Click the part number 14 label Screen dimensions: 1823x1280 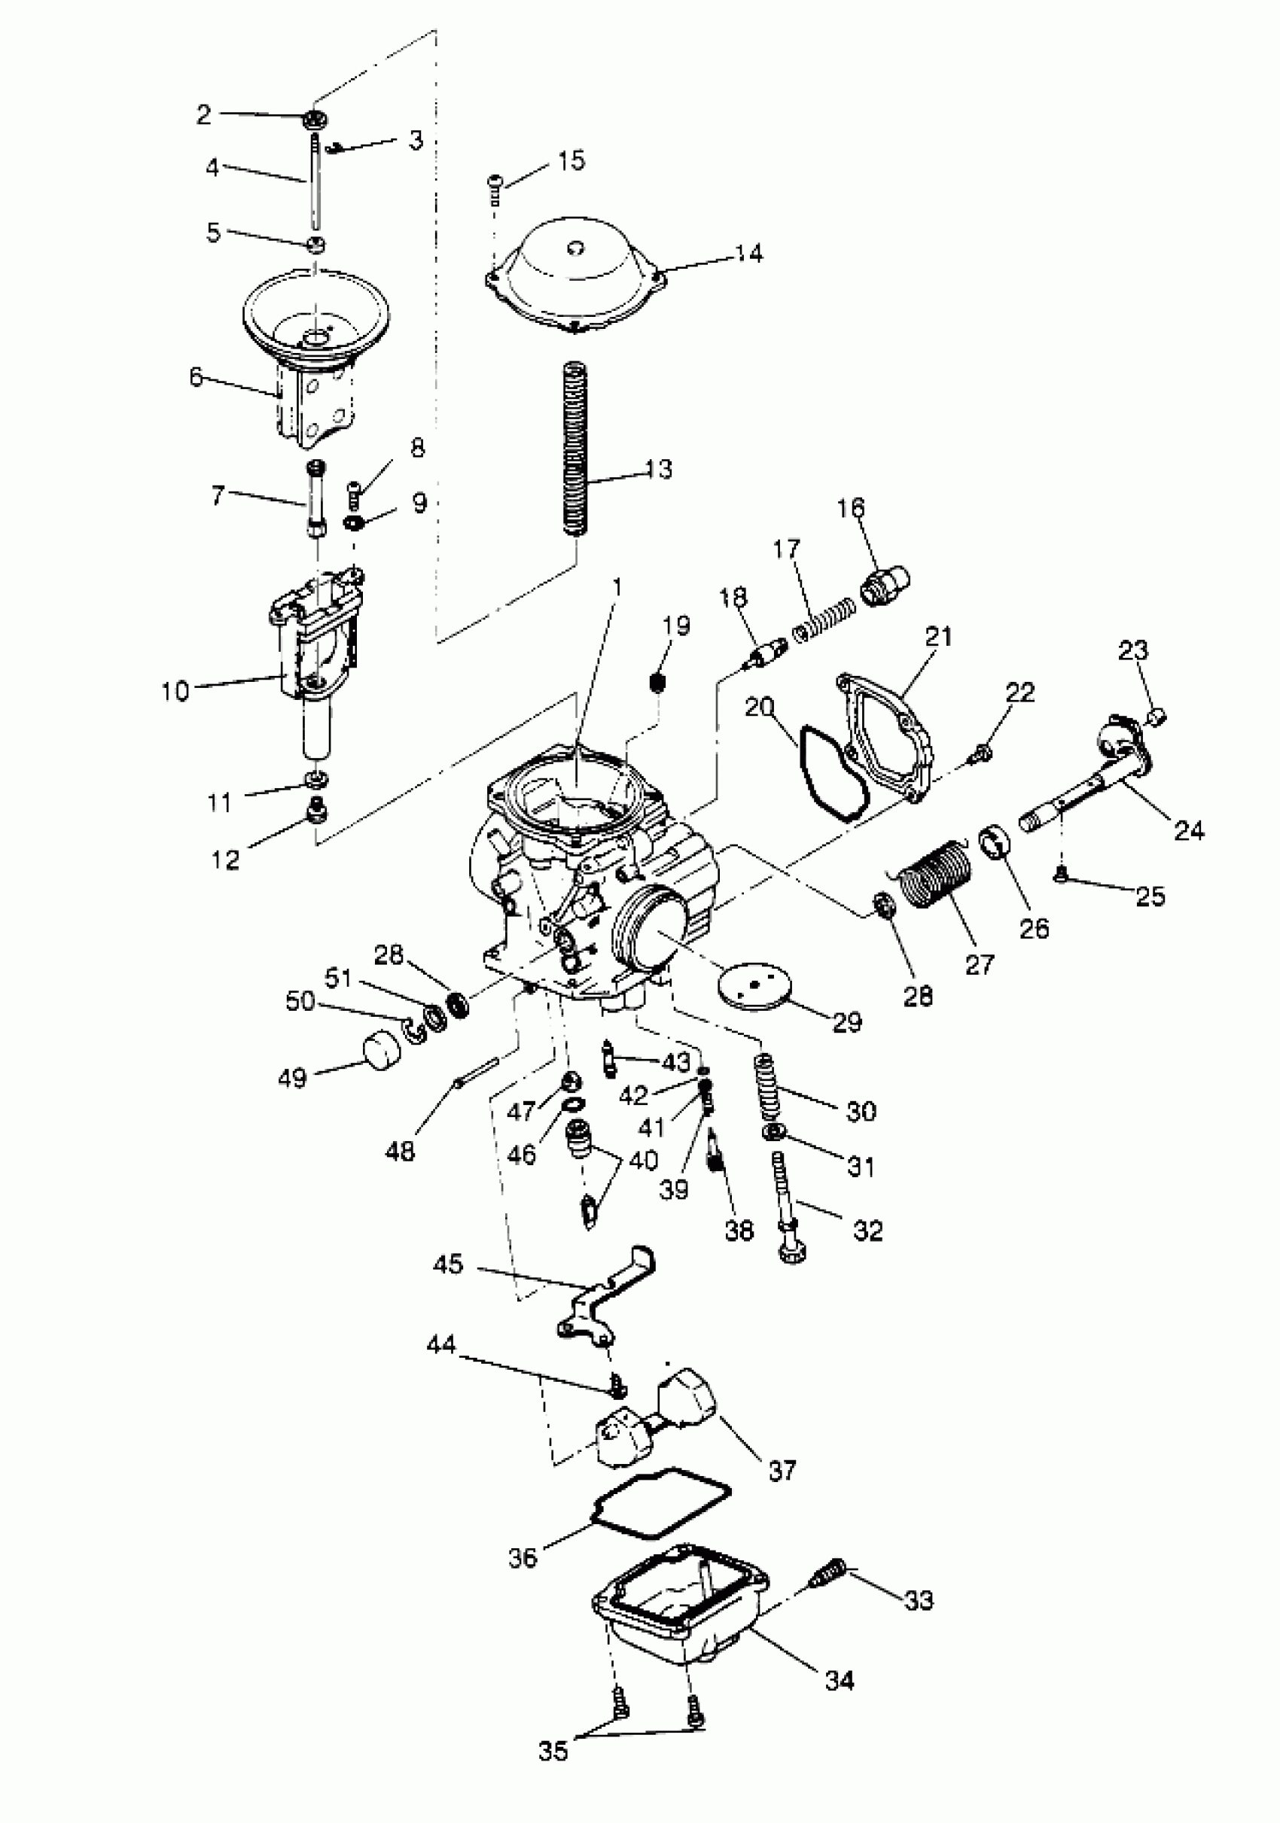(748, 254)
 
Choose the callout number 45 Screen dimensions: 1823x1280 (448, 1264)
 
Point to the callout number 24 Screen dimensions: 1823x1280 (1189, 831)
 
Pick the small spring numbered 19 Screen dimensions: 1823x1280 (657, 682)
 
